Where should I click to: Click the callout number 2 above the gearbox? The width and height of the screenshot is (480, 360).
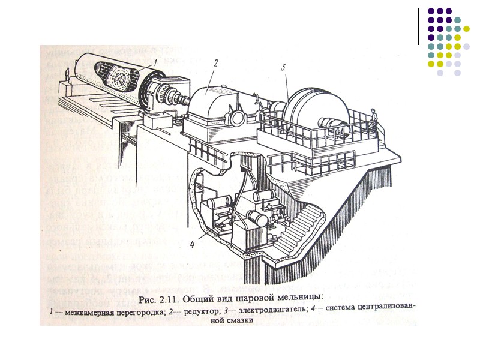(x=215, y=62)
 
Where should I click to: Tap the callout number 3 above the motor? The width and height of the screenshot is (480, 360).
(x=283, y=68)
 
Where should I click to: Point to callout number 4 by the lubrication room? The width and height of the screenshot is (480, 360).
(x=193, y=244)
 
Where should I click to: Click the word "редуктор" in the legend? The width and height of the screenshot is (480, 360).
(x=196, y=310)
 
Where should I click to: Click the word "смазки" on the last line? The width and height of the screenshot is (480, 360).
(x=239, y=321)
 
